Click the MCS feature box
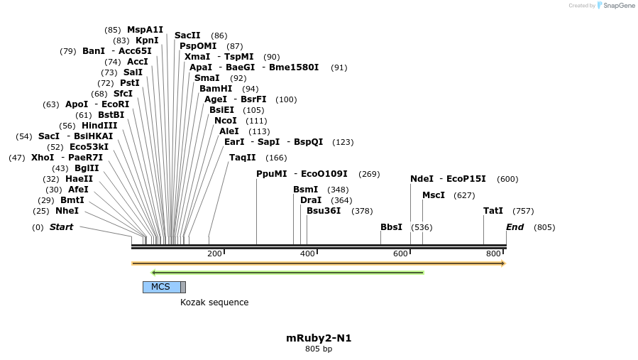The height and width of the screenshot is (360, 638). pyautogui.click(x=161, y=287)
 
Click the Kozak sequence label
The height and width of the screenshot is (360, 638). pyautogui.click(x=214, y=302)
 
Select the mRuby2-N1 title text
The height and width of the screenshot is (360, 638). pyautogui.click(x=319, y=338)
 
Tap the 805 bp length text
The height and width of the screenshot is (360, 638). pyautogui.click(x=319, y=349)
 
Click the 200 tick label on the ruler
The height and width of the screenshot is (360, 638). pyautogui.click(x=214, y=254)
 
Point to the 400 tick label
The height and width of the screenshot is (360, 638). pyautogui.click(x=307, y=254)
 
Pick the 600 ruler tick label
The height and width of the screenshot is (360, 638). pyautogui.click(x=400, y=254)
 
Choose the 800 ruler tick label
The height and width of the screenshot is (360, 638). pyautogui.click(x=493, y=254)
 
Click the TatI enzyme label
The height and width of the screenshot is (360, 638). pyautogui.click(x=493, y=211)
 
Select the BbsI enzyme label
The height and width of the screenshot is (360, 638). pyautogui.click(x=391, y=227)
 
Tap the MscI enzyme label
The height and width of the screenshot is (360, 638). pyautogui.click(x=434, y=195)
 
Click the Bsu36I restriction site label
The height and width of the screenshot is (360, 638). pyautogui.click(x=324, y=211)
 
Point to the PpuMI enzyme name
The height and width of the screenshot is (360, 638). pyautogui.click(x=272, y=174)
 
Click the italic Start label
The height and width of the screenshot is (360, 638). pyautogui.click(x=61, y=227)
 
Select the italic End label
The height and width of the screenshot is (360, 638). pyautogui.click(x=515, y=227)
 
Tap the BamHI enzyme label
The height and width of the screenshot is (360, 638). pyautogui.click(x=216, y=89)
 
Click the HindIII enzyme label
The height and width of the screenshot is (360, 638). pyautogui.click(x=99, y=126)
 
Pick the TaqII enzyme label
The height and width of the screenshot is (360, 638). pyautogui.click(x=242, y=158)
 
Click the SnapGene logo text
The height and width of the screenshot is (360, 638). pyautogui.click(x=619, y=6)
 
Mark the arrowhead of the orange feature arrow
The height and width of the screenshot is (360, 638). pyautogui.click(x=502, y=263)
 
